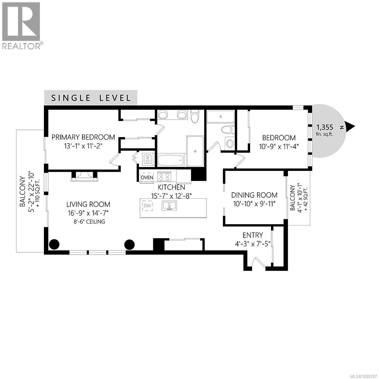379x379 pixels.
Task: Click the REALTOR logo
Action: [21, 25]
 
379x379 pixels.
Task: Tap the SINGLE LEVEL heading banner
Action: [91, 98]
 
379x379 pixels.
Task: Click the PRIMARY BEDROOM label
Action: [83, 137]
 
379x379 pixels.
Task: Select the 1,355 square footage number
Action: [325, 128]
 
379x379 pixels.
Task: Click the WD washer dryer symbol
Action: [147, 159]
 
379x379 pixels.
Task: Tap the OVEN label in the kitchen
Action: [147, 177]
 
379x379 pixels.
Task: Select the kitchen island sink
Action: [169, 206]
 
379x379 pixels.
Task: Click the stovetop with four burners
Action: [164, 176]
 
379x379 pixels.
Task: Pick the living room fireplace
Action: [84, 176]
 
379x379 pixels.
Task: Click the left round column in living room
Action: [54, 244]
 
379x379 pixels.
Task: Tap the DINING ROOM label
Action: [254, 195]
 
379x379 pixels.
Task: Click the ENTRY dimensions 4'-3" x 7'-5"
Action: [253, 244]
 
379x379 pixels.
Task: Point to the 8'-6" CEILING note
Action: [88, 222]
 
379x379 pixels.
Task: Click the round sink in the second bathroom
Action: [230, 143]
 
